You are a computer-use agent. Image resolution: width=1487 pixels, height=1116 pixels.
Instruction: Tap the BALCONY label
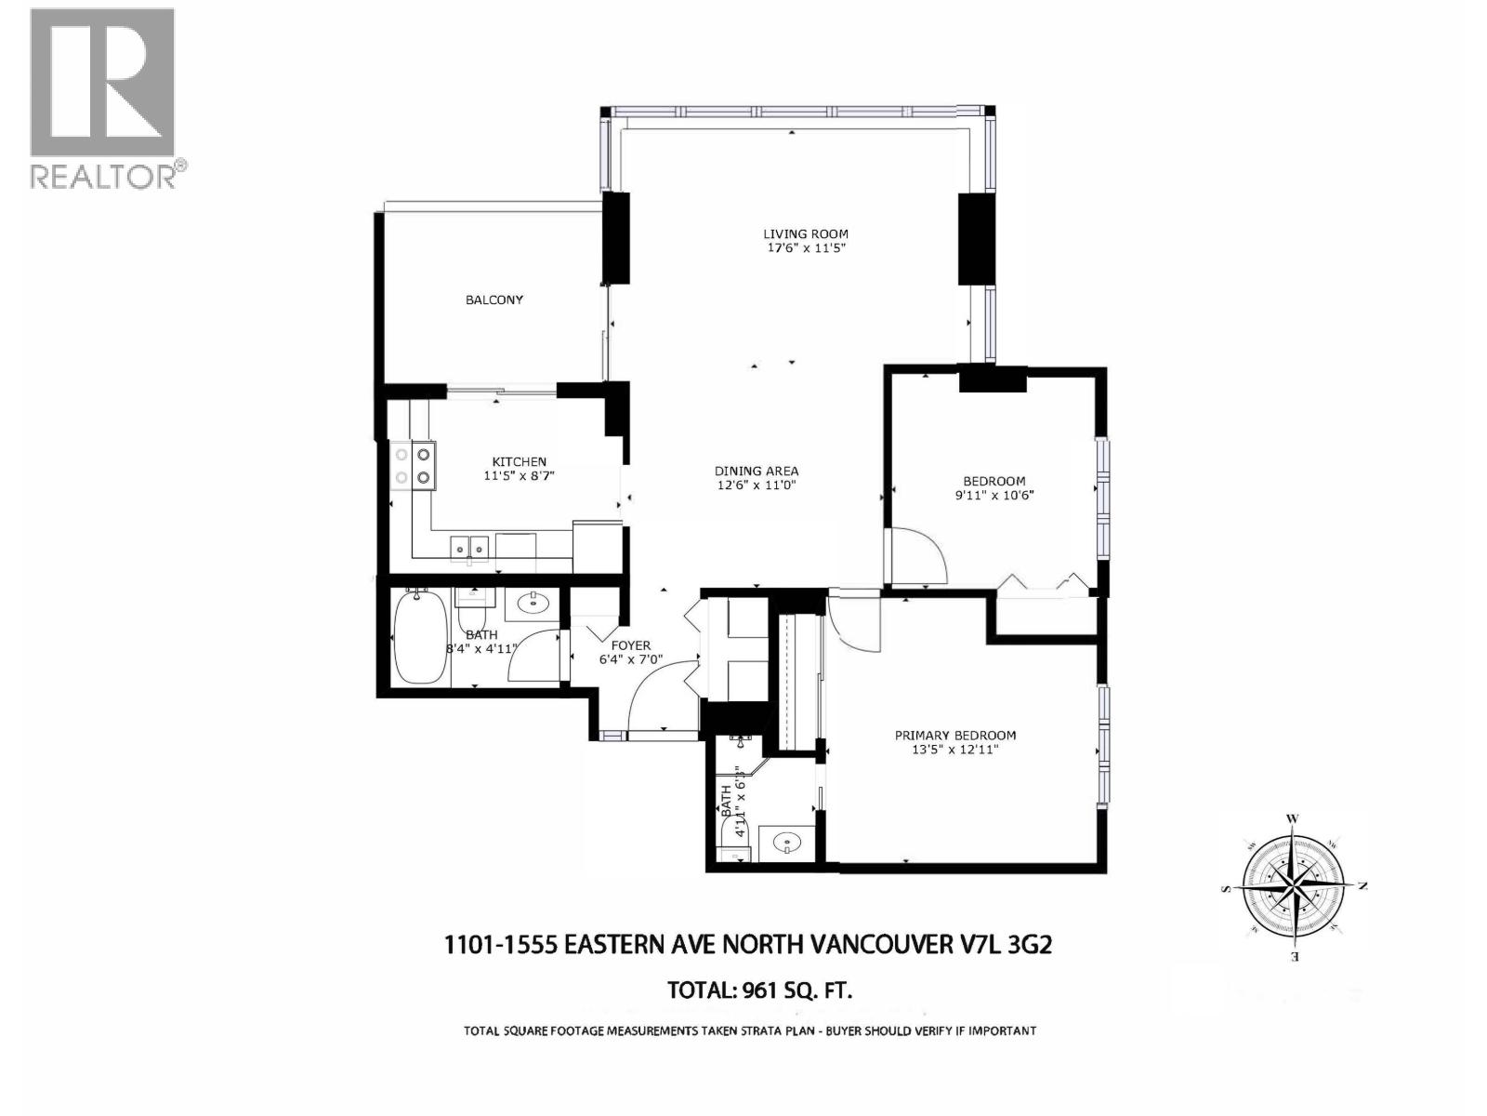[493, 299]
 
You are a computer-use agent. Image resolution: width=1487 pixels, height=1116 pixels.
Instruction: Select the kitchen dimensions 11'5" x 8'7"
[519, 476]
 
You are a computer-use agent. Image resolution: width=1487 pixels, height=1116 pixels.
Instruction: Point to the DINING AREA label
[757, 472]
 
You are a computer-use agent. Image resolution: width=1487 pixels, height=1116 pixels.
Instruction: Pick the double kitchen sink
[469, 548]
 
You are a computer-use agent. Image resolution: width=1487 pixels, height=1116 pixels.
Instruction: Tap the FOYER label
[630, 645]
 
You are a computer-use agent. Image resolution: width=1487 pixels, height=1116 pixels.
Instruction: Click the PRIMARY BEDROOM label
[954, 735]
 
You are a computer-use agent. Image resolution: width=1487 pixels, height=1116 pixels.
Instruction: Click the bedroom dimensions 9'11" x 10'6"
[994, 495]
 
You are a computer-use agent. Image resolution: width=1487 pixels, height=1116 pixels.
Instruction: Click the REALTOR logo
[102, 98]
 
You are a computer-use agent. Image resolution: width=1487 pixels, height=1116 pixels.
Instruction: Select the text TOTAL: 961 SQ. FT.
[759, 990]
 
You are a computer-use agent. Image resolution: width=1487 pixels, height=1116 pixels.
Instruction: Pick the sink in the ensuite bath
[787, 844]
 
